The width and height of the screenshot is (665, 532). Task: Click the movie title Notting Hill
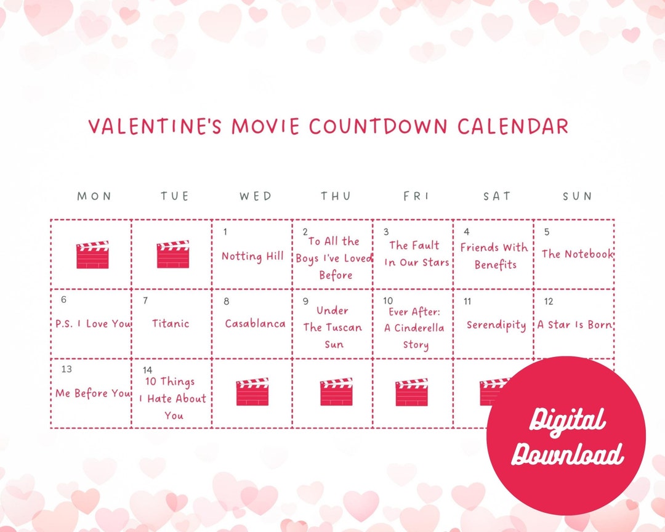pos(252,256)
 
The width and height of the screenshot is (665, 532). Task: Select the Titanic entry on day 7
pos(171,323)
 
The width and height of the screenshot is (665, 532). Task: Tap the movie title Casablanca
pos(255,324)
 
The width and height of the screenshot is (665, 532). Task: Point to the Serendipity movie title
pos(496,325)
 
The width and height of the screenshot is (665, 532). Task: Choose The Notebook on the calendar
pos(578,254)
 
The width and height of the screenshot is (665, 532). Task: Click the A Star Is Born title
pos(574,324)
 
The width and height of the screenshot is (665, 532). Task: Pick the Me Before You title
pos(93,393)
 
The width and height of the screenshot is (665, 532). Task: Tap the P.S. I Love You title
pos(93,324)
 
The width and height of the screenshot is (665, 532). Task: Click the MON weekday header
pos(94,196)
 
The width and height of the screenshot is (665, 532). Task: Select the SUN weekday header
pos(577,196)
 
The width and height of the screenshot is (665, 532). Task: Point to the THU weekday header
pos(336,196)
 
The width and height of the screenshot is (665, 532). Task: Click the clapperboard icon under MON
pos(92,254)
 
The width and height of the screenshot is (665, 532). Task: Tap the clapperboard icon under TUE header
pos(173,254)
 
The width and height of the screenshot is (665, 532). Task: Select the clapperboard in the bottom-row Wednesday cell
pos(252,392)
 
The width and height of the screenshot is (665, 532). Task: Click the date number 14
pos(147,370)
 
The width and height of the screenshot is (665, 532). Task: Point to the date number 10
pos(388,301)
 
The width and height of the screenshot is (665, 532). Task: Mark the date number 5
pos(547,232)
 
